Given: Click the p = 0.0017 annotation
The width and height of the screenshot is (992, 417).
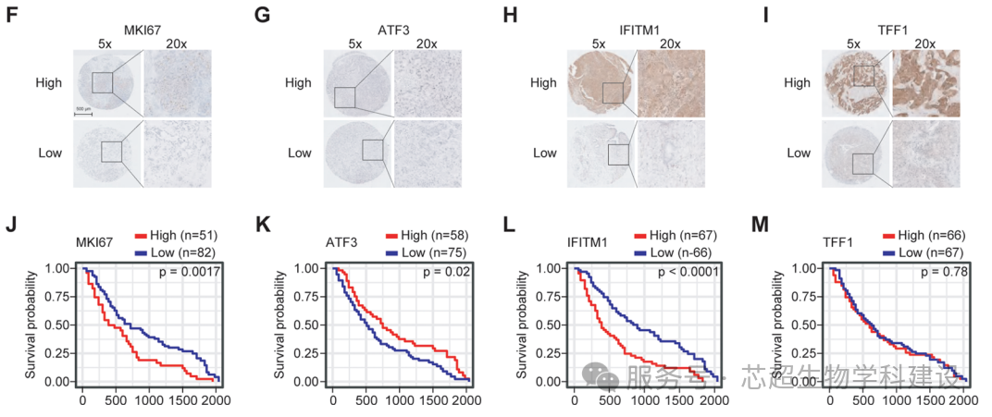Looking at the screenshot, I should click(192, 271).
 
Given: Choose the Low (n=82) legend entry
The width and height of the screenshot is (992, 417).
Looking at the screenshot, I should click(175, 251).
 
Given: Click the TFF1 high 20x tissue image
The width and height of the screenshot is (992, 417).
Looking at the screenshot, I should click(925, 84).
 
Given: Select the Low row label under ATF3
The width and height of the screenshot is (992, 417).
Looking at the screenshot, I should click(299, 153).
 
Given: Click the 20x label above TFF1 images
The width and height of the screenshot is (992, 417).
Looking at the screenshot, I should click(924, 43).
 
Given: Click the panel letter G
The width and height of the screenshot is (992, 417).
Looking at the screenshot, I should click(261, 16).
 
